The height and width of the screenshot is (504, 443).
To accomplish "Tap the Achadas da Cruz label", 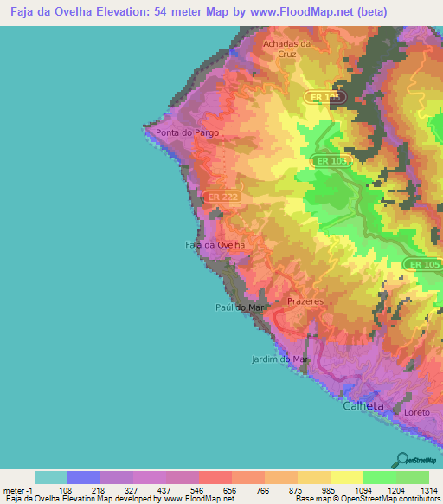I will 286,48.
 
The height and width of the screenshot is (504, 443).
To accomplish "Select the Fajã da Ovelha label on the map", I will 215,245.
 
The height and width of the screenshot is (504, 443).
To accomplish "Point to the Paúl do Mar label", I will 238,307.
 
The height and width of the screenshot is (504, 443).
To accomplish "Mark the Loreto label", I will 416,412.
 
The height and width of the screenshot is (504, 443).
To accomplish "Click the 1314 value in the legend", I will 428,490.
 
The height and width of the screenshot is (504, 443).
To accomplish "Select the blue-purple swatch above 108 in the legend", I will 84,477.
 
